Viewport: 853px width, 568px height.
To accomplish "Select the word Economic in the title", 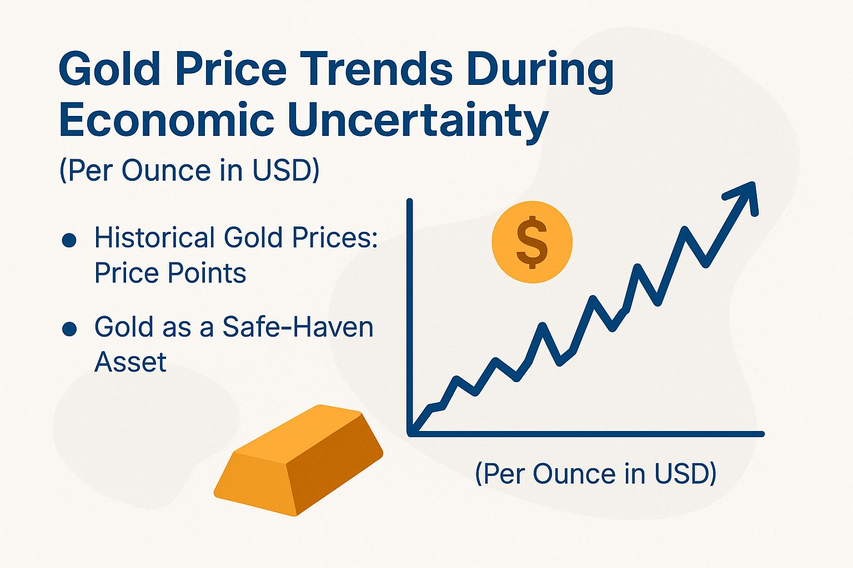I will click(166, 120).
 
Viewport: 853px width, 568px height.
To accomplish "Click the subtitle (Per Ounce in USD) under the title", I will click(189, 170).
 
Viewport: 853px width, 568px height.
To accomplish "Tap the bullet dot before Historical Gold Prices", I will click(69, 240).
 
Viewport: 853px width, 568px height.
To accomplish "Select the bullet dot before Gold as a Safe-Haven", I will click(69, 329).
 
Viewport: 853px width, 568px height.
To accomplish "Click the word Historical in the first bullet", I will click(154, 237).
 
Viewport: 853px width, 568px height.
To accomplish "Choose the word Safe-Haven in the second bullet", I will click(298, 327).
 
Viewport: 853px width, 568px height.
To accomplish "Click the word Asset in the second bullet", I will click(131, 362).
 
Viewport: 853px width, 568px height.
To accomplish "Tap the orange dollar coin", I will click(532, 242).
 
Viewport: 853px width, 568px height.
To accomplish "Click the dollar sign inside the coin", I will click(532, 242).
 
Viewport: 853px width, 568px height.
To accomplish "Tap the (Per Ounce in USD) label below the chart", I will click(595, 474).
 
